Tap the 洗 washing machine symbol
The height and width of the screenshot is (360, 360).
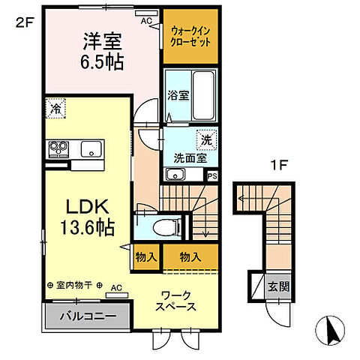pos(204,139)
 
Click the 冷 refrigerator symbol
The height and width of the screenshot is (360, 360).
pos(55,108)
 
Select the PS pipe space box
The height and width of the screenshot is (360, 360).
pos(212,176)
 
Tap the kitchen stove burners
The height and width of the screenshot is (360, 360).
pos(57,148)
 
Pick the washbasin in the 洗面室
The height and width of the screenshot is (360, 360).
pos(176,175)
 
